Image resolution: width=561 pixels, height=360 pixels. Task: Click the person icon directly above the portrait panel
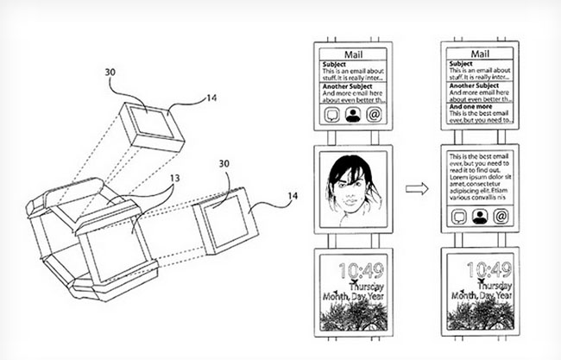click(x=353, y=115)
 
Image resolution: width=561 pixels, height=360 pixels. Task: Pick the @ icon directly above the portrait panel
click(x=375, y=115)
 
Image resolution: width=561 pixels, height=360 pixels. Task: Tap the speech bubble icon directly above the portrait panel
click(x=331, y=115)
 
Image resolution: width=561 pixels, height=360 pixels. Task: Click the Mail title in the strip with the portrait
click(x=353, y=54)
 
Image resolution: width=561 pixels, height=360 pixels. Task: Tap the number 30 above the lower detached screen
click(x=224, y=164)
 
